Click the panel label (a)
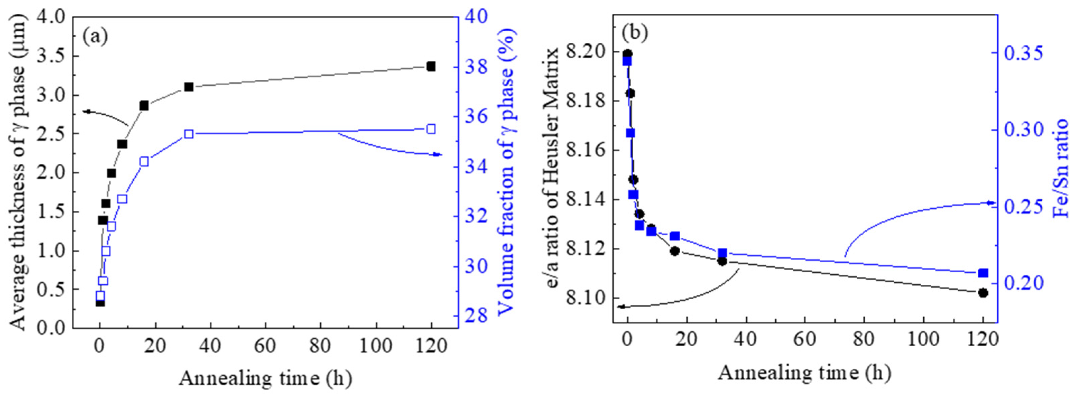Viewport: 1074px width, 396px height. pyautogui.click(x=95, y=37)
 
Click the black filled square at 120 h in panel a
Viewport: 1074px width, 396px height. pyautogui.click(x=431, y=66)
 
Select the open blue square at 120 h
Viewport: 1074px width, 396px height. pyautogui.click(x=431, y=129)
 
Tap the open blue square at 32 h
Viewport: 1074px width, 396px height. pyautogui.click(x=189, y=134)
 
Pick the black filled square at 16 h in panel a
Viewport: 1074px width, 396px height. pyautogui.click(x=144, y=106)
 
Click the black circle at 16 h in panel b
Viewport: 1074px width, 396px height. pyautogui.click(x=675, y=251)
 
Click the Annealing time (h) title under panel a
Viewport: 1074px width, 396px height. pyautogui.click(x=265, y=379)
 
